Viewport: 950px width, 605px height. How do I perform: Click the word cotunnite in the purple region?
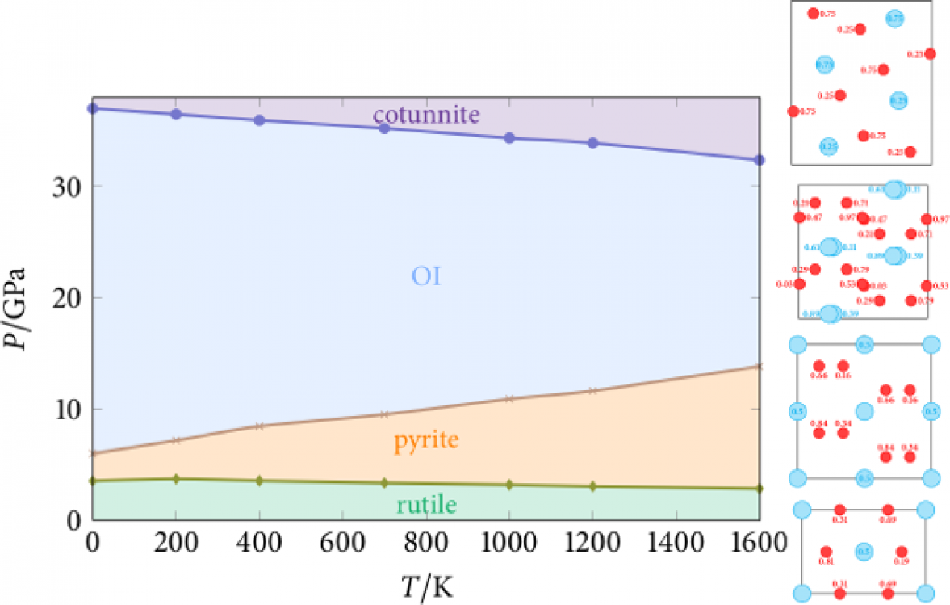426,115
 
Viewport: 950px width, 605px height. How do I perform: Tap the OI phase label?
426,277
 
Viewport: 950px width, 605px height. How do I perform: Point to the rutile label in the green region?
426,506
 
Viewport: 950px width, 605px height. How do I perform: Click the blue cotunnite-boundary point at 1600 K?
759,160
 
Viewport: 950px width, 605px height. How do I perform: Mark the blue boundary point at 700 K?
384,128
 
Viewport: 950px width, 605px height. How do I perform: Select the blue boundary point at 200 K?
176,114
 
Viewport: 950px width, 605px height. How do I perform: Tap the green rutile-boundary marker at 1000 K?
509,485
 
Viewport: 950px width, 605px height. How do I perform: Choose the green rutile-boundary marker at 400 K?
259,481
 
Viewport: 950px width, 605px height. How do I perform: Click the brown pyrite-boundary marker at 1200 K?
592,390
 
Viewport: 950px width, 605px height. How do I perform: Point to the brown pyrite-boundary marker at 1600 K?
759,366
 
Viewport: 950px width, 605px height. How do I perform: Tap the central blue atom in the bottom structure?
864,552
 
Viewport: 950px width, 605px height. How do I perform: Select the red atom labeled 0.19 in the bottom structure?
902,552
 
